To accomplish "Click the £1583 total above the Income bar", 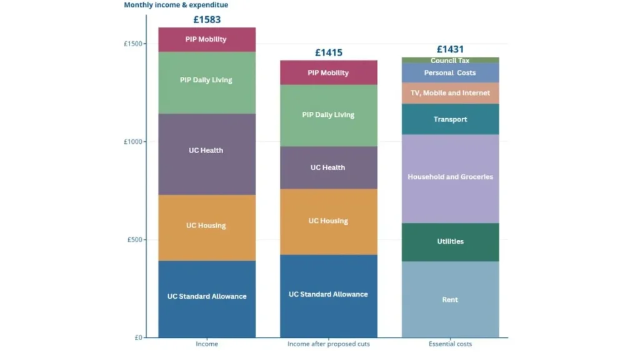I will click(x=207, y=19).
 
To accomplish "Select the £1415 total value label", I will click(x=328, y=52).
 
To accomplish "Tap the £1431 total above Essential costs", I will click(x=450, y=49).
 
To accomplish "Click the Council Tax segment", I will click(x=450, y=61).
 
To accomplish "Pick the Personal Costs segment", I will click(x=450, y=72).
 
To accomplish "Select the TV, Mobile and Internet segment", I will click(x=450, y=93).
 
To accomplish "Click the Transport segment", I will click(x=450, y=119).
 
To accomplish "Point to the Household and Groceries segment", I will click(x=450, y=177).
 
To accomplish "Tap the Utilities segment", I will click(x=450, y=242).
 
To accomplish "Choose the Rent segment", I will click(x=450, y=300).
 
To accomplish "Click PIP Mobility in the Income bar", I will click(x=206, y=39).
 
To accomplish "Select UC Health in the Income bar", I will click(x=206, y=151).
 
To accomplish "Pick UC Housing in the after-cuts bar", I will click(x=328, y=221).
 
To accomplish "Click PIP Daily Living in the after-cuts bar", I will click(x=328, y=115).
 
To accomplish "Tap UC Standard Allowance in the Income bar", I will click(x=206, y=296).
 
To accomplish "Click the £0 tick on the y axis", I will click(x=138, y=337).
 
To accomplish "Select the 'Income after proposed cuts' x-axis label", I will click(x=328, y=344).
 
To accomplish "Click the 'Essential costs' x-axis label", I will click(x=450, y=344).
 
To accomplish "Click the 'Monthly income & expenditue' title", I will click(x=176, y=5).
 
